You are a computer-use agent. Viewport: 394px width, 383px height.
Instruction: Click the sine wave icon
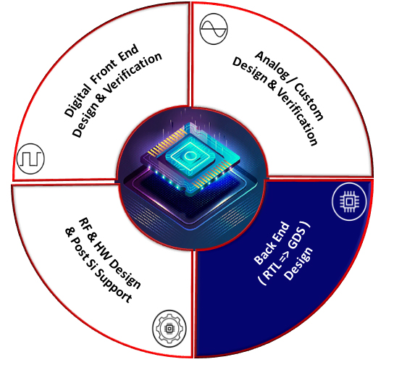pos(214,29)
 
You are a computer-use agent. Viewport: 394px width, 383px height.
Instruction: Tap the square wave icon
pos(30,159)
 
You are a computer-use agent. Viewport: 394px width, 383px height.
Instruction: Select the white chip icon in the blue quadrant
pos(349,201)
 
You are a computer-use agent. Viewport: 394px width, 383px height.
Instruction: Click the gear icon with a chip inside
pos(169,329)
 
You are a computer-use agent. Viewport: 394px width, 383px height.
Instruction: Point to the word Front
pos(104,72)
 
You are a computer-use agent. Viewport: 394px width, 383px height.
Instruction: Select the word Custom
pos(309,101)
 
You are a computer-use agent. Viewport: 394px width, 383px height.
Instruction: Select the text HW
pos(101,249)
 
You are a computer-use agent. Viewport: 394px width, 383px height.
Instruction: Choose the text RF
pos(84,224)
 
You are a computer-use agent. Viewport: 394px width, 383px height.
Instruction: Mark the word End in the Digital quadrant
pos(128,54)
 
